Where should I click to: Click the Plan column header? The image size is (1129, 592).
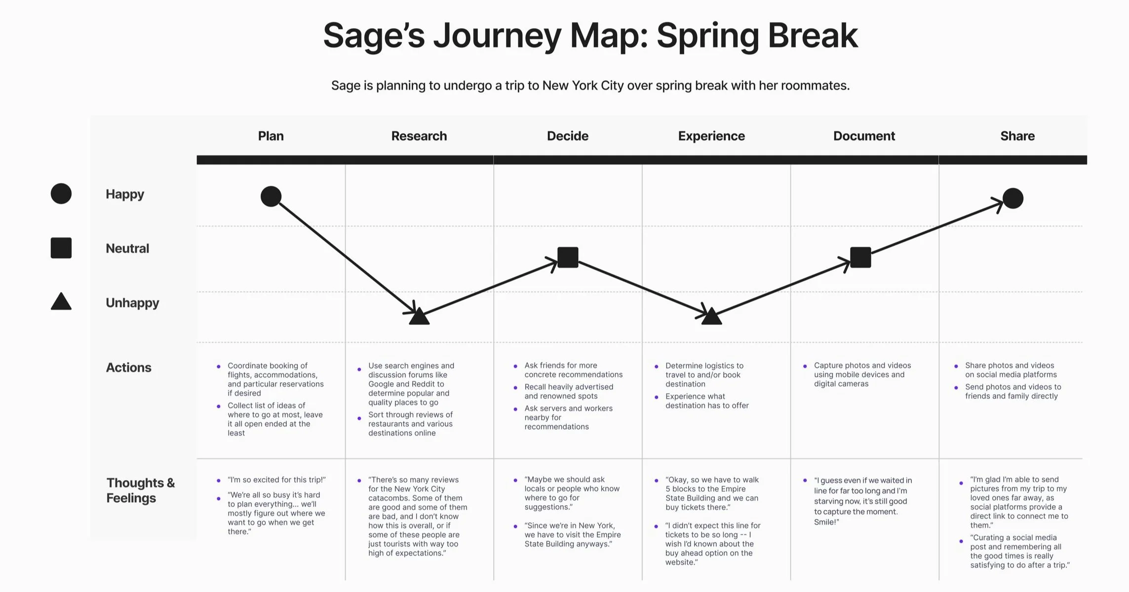pos(271,136)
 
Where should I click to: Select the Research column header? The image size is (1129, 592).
pos(419,136)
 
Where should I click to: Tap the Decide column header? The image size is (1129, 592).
pos(567,136)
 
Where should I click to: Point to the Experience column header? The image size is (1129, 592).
pos(711,136)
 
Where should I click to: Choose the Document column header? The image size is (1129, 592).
pos(864,136)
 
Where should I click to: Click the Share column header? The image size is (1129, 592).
pos(1017,136)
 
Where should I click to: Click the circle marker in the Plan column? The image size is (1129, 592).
pos(271,196)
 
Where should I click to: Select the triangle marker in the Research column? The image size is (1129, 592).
pos(419,317)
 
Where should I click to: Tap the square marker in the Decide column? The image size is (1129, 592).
pos(568,258)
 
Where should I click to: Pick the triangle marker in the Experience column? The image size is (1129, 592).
pos(711,317)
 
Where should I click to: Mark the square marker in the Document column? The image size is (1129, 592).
pos(860,258)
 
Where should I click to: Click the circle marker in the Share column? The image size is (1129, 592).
pos(1013,198)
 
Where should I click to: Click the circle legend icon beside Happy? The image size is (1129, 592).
pos(61,193)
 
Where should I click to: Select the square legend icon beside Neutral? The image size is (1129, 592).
pos(61,248)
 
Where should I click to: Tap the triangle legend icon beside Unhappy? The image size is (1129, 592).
pos(61,302)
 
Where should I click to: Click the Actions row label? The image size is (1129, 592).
pos(128,368)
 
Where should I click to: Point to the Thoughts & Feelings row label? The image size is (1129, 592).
pos(140,490)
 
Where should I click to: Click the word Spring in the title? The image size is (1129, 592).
pos(706,36)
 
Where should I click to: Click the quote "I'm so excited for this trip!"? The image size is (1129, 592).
pos(276,480)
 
